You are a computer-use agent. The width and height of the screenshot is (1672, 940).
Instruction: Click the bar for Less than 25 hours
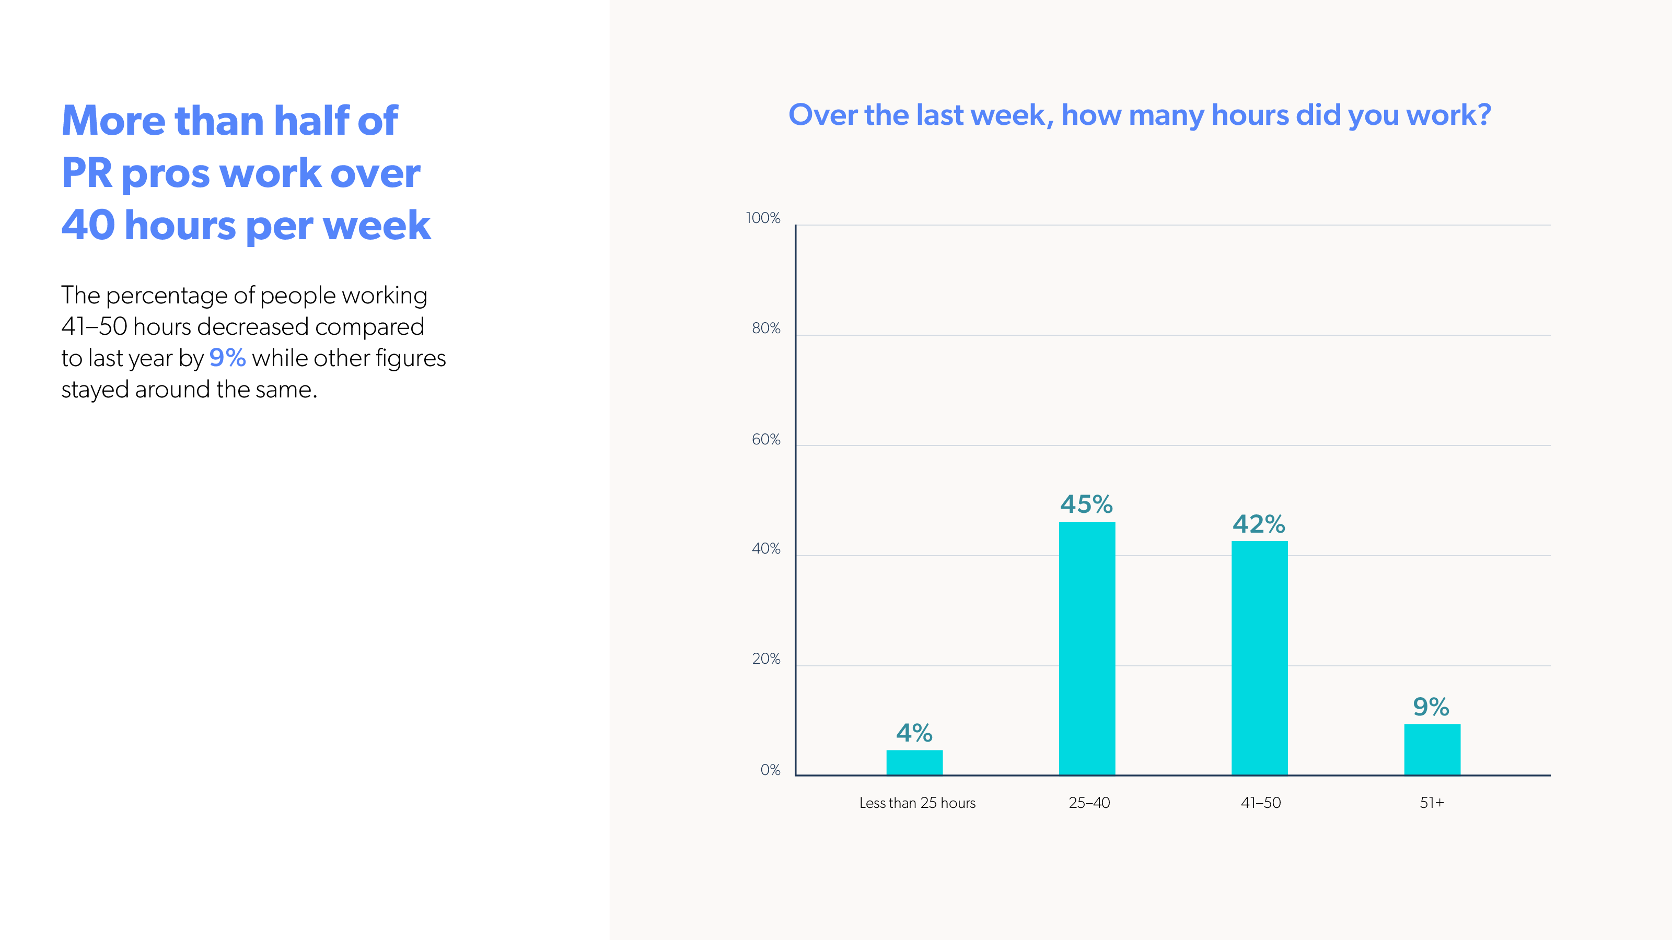914,762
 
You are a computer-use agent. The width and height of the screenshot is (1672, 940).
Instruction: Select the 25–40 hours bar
1087,648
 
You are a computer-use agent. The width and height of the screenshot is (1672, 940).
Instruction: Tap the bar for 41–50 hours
1259,658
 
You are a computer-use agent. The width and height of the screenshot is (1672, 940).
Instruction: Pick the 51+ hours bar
1432,749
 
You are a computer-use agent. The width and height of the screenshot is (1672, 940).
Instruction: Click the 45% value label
1087,504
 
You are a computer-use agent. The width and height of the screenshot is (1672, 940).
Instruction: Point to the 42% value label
1259,524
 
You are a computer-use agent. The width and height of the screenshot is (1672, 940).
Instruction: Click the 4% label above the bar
914,733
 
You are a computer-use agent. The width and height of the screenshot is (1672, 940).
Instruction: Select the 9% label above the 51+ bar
1431,707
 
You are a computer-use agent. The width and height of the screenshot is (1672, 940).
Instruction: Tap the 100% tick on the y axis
763,218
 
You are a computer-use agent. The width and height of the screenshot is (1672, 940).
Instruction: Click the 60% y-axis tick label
766,439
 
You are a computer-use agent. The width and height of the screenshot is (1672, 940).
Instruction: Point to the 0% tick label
771,770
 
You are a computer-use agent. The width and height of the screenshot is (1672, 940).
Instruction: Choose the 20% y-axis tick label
766,659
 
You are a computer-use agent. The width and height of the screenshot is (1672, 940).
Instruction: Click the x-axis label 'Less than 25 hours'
917,803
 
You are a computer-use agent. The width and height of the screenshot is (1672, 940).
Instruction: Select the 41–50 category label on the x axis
1260,803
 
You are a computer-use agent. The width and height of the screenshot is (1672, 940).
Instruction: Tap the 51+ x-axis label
1432,803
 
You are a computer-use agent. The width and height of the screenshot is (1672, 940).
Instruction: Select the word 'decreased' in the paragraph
253,326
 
